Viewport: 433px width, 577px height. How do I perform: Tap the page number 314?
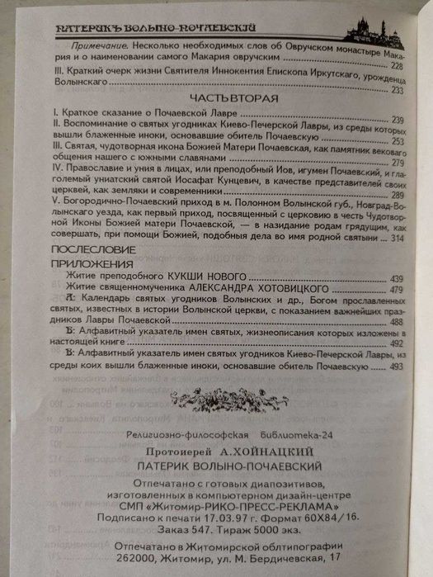coord(395,238)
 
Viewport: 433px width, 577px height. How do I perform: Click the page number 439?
coord(395,278)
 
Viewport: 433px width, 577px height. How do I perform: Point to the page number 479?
coord(395,290)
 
